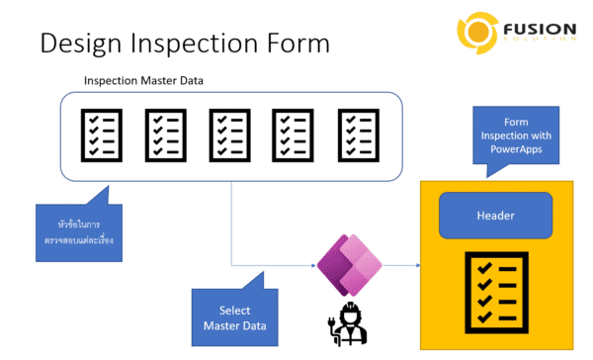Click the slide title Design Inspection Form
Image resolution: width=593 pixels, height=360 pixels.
click(183, 45)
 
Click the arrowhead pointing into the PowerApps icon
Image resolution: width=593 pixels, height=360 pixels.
click(311, 265)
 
